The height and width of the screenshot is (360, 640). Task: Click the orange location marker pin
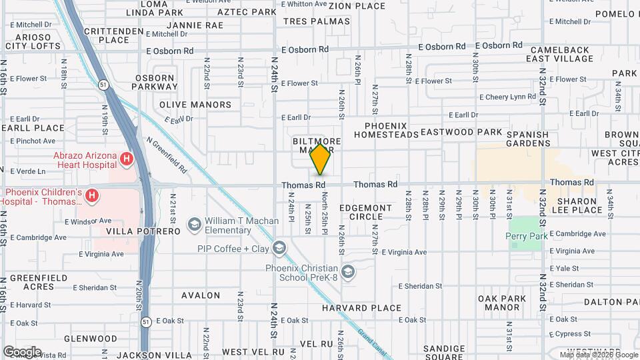click(x=321, y=159)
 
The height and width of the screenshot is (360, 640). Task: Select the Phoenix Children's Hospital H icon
click(x=93, y=196)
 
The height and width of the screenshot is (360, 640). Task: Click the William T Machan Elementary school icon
click(x=195, y=225)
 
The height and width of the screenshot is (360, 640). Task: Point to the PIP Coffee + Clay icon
click(x=279, y=249)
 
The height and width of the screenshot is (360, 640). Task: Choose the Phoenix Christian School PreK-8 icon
click(x=347, y=271)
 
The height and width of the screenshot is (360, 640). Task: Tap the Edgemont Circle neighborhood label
click(x=366, y=212)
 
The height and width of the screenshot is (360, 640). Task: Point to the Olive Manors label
click(x=195, y=105)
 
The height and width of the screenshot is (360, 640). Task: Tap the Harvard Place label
click(x=362, y=308)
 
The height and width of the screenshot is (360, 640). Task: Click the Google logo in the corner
click(x=22, y=351)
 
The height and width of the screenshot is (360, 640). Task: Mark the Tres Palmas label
click(x=317, y=21)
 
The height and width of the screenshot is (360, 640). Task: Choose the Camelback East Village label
click(x=559, y=54)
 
